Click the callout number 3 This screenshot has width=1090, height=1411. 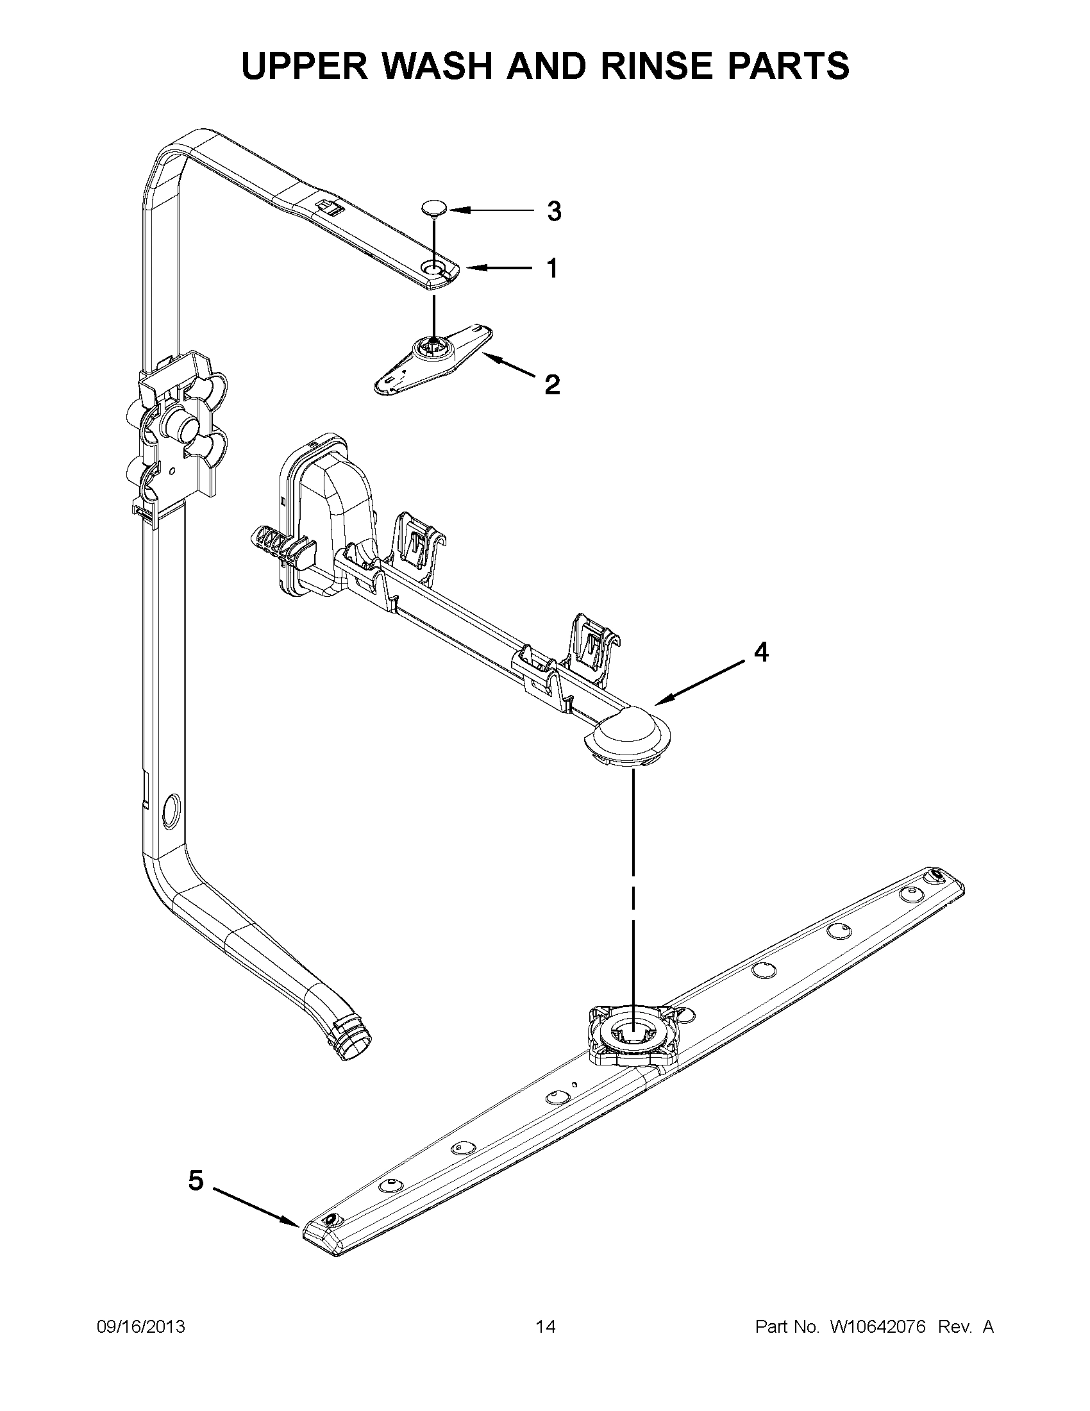pyautogui.click(x=554, y=212)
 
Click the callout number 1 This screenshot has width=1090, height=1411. pyautogui.click(x=552, y=268)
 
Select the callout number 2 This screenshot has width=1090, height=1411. pyautogui.click(x=552, y=385)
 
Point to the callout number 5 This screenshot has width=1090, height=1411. pyautogui.click(x=196, y=1181)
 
